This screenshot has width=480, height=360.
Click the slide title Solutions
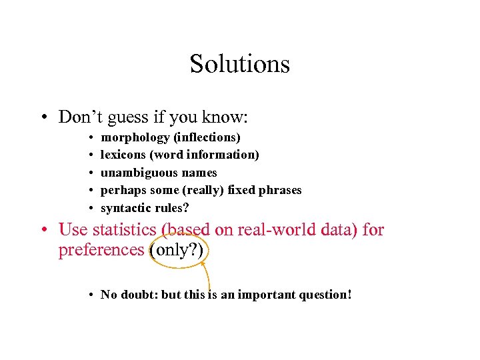239,64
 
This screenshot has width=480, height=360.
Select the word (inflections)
207,137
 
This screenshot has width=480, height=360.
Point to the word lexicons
123,155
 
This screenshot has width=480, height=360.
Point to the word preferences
101,250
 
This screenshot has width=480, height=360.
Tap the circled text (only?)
179,250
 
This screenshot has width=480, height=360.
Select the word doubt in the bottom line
139,295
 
